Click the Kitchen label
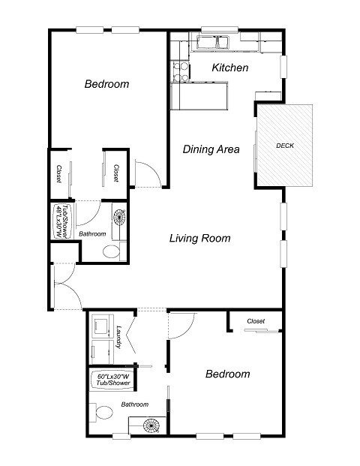coord(229,68)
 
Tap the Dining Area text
coord(211,149)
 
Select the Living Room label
coord(199,239)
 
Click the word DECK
coord(284,145)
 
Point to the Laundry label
coord(118,335)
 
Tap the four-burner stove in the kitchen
coord(180,71)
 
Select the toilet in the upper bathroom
coord(110,251)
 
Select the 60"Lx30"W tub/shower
coord(112,380)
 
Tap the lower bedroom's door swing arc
coord(182,323)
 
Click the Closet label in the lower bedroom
coord(256,321)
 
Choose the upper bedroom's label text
coord(106,84)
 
